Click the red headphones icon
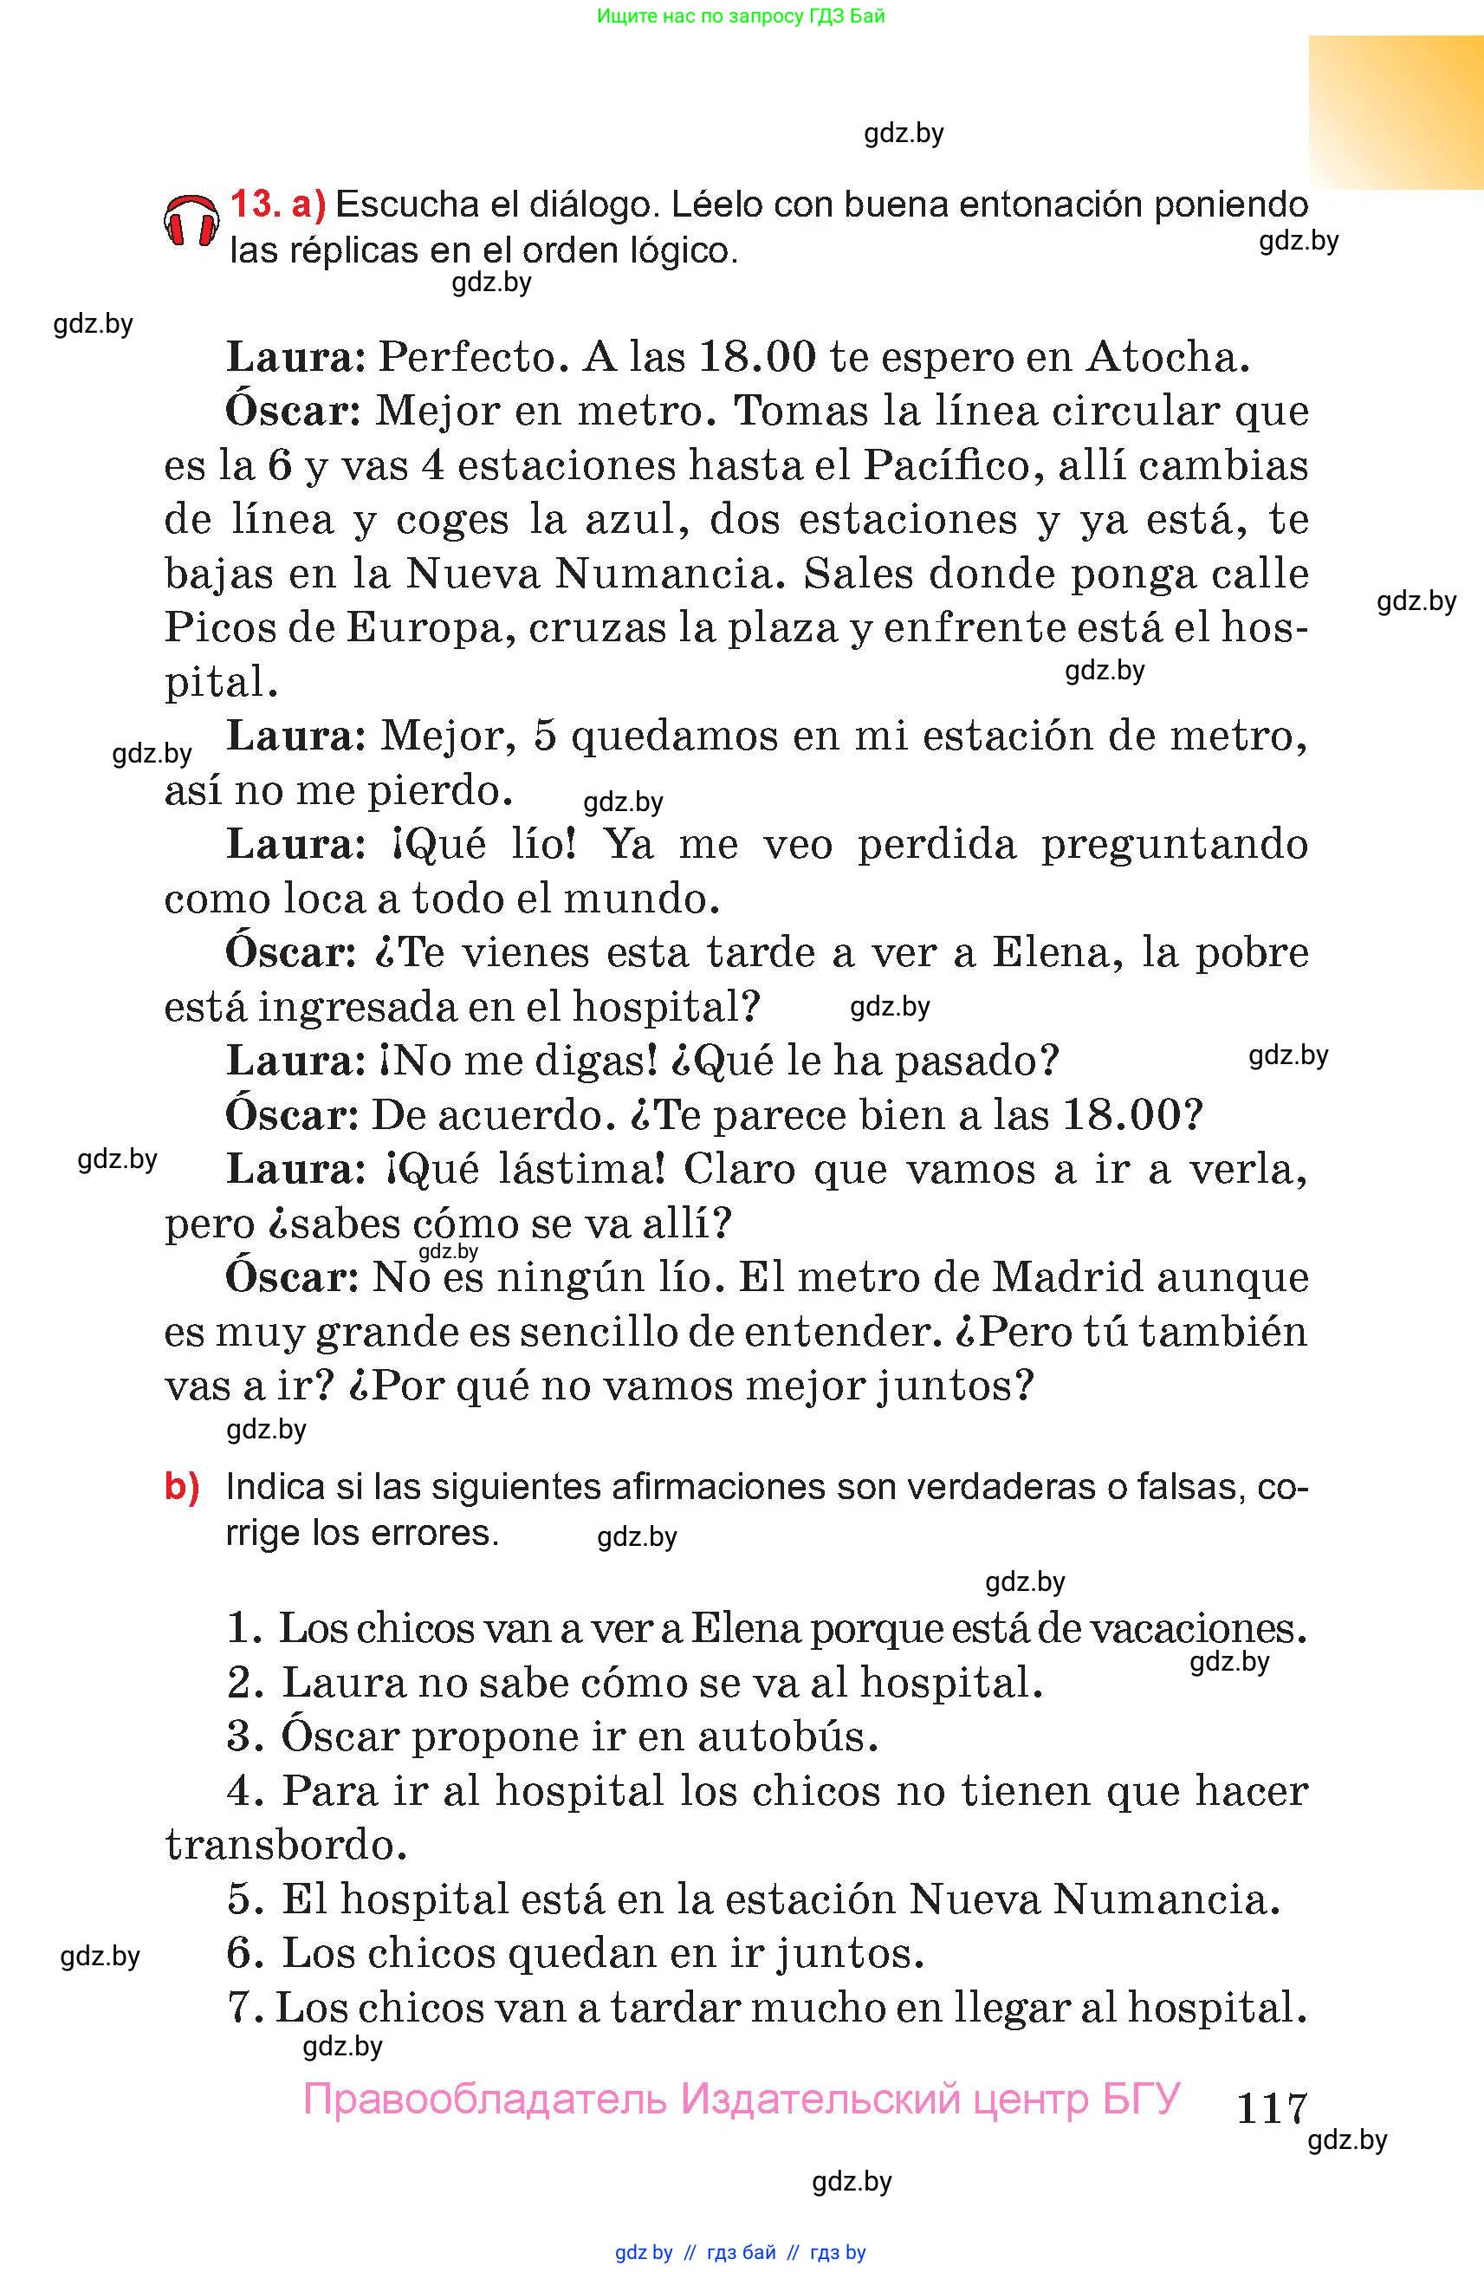191,222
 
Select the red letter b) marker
182,1487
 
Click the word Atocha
1167,357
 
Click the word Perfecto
468,357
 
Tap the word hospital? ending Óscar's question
665,1007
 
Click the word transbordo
285,1844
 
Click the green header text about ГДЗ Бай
741,16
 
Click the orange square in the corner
1396,112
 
